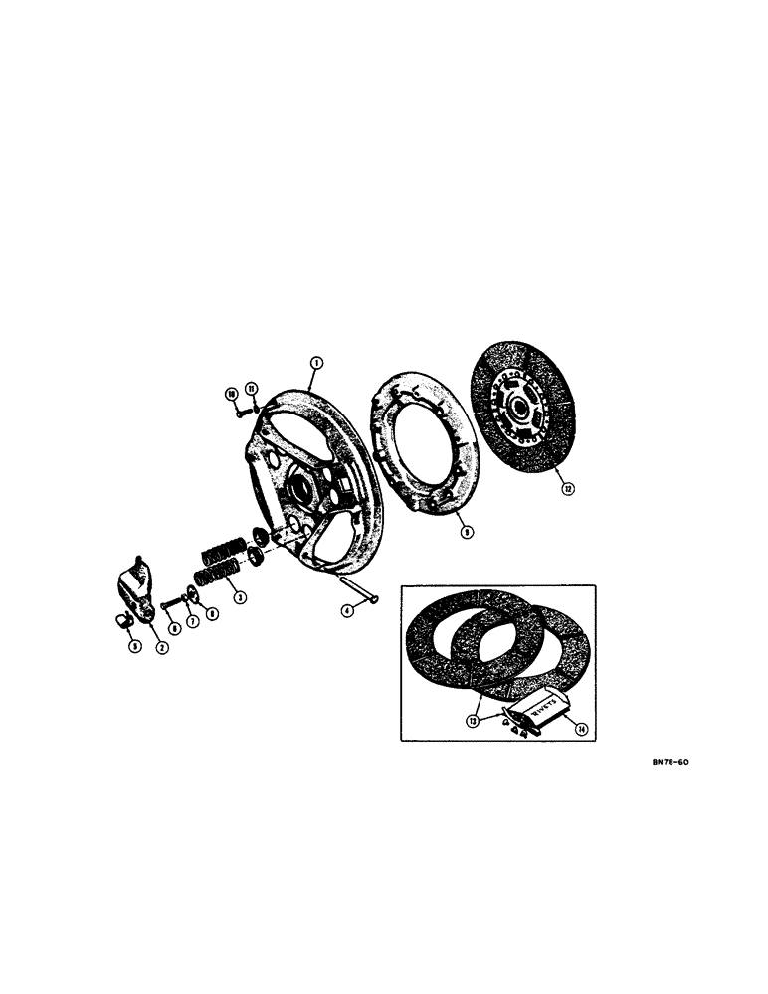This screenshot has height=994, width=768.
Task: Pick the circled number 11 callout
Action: pyautogui.click(x=252, y=388)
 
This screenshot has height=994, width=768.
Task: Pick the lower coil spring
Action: pyautogui.click(x=217, y=574)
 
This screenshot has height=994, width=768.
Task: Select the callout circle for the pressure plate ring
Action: pyautogui.click(x=467, y=531)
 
